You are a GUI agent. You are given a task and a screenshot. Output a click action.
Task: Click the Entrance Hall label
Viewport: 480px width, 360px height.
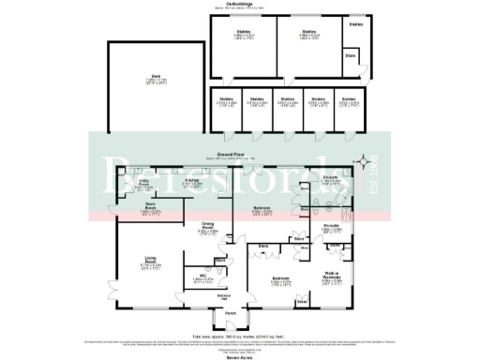coord(224,296)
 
